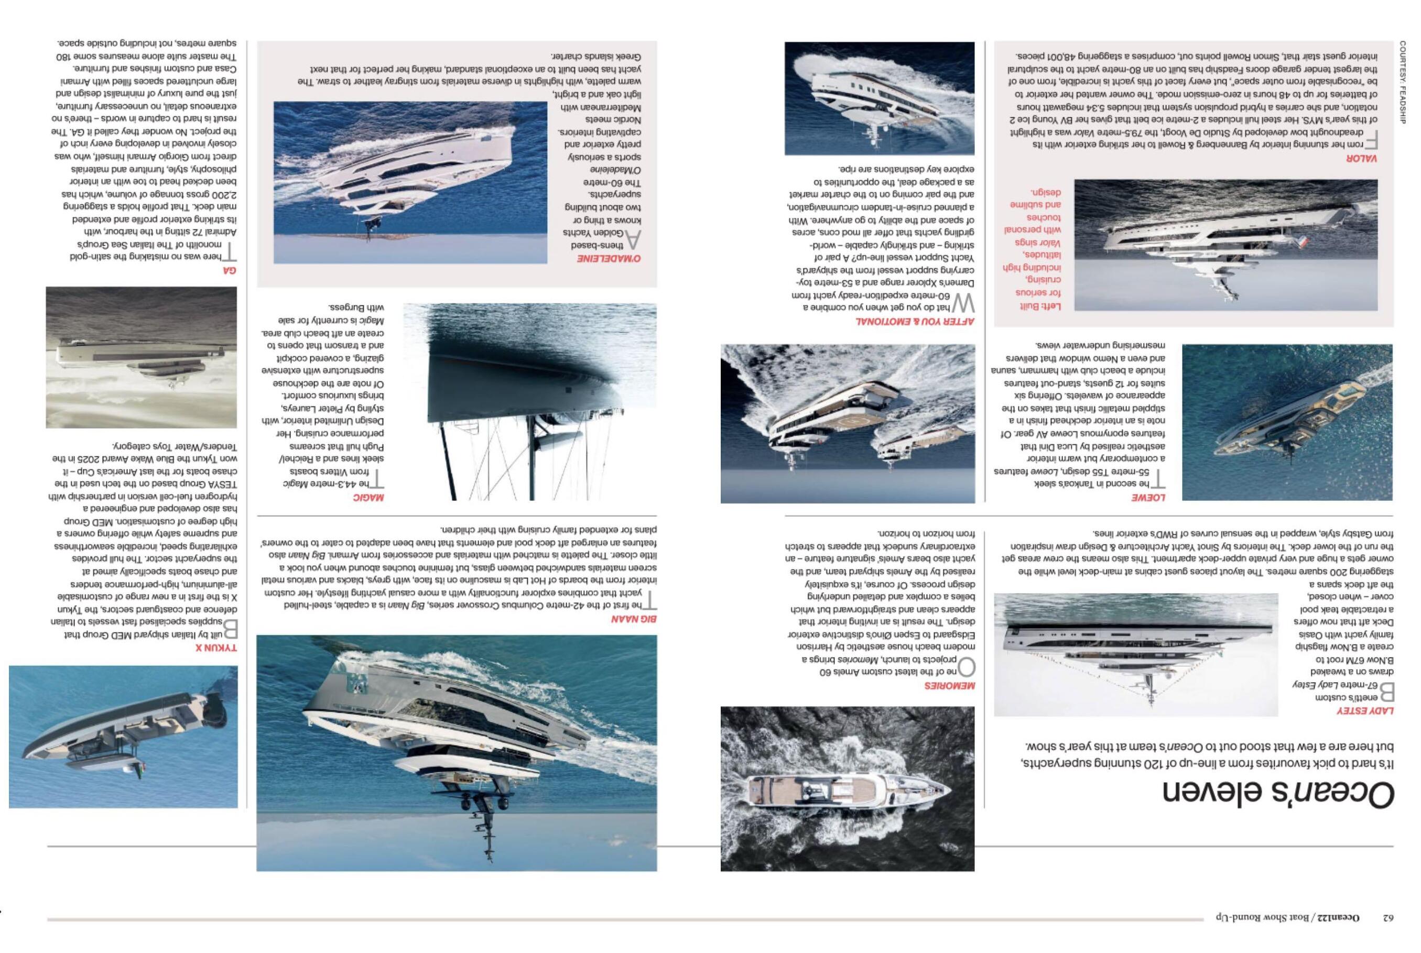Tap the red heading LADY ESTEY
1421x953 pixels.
click(1365, 710)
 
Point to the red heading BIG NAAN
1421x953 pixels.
click(634, 619)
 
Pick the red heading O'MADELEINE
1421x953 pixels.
click(609, 259)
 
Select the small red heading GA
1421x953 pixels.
click(229, 270)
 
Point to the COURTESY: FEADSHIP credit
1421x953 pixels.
click(1403, 82)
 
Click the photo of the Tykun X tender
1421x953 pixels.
click(123, 737)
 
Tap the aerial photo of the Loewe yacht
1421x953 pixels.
click(1287, 422)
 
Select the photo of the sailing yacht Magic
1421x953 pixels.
click(529, 402)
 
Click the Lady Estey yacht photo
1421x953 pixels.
click(1135, 654)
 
